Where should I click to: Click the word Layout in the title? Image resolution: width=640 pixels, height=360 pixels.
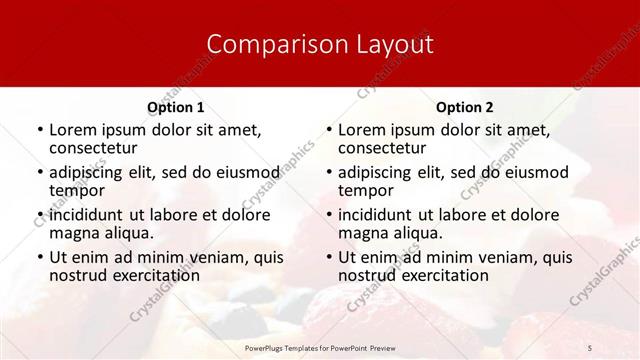[x=391, y=45]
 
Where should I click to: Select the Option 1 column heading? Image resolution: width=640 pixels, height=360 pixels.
[x=175, y=107]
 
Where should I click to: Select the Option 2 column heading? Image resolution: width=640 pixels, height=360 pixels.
[x=464, y=107]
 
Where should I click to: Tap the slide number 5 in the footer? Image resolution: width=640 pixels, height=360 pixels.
[x=590, y=346]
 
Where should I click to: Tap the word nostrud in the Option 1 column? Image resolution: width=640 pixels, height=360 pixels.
[x=78, y=275]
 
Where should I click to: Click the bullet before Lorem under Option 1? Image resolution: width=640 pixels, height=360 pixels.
[x=39, y=130]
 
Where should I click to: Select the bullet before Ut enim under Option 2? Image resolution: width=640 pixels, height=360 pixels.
[x=328, y=257]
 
